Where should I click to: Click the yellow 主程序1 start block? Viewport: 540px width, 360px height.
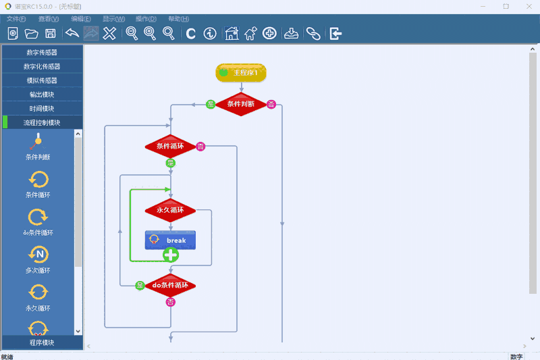241,72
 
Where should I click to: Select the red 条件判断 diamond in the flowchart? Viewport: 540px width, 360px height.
241,104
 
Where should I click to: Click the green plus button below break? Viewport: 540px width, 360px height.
171,255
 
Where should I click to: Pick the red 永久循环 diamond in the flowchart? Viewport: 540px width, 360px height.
170,210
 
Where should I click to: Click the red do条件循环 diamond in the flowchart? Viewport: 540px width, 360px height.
170,285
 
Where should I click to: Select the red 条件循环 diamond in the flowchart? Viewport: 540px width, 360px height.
170,145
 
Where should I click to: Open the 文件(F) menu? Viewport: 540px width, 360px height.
16,19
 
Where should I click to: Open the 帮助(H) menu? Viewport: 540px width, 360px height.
178,19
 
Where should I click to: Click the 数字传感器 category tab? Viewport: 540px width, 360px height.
42,52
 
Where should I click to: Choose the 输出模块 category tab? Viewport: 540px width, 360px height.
42,95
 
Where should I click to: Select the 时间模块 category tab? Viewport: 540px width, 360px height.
42,109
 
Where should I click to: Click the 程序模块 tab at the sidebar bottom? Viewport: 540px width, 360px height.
42,342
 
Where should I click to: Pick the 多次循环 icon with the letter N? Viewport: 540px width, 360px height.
38,254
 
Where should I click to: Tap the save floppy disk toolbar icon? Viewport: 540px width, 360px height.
50,34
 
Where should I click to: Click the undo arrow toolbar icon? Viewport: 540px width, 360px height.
72,34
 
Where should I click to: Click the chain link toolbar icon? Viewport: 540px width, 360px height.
313,34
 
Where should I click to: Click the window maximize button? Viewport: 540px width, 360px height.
506,6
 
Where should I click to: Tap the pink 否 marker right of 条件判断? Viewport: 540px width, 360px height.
271,104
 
